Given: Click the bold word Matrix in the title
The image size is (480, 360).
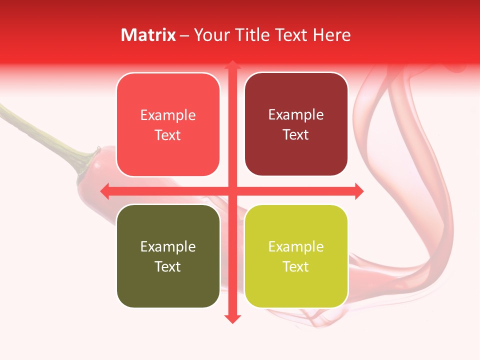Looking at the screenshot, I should tap(148, 35).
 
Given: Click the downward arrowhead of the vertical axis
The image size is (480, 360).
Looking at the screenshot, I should tap(232, 318).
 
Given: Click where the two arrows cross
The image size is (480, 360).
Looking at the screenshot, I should tap(232, 191).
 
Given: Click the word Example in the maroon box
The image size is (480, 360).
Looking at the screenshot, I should tap(296, 115).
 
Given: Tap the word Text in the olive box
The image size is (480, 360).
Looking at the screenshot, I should tap(167, 266).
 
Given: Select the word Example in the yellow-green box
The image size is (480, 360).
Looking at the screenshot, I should tap(296, 246).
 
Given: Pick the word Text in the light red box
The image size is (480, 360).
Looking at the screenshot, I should tap(167, 135).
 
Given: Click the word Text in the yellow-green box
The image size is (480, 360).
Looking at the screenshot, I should tap(295, 266).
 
